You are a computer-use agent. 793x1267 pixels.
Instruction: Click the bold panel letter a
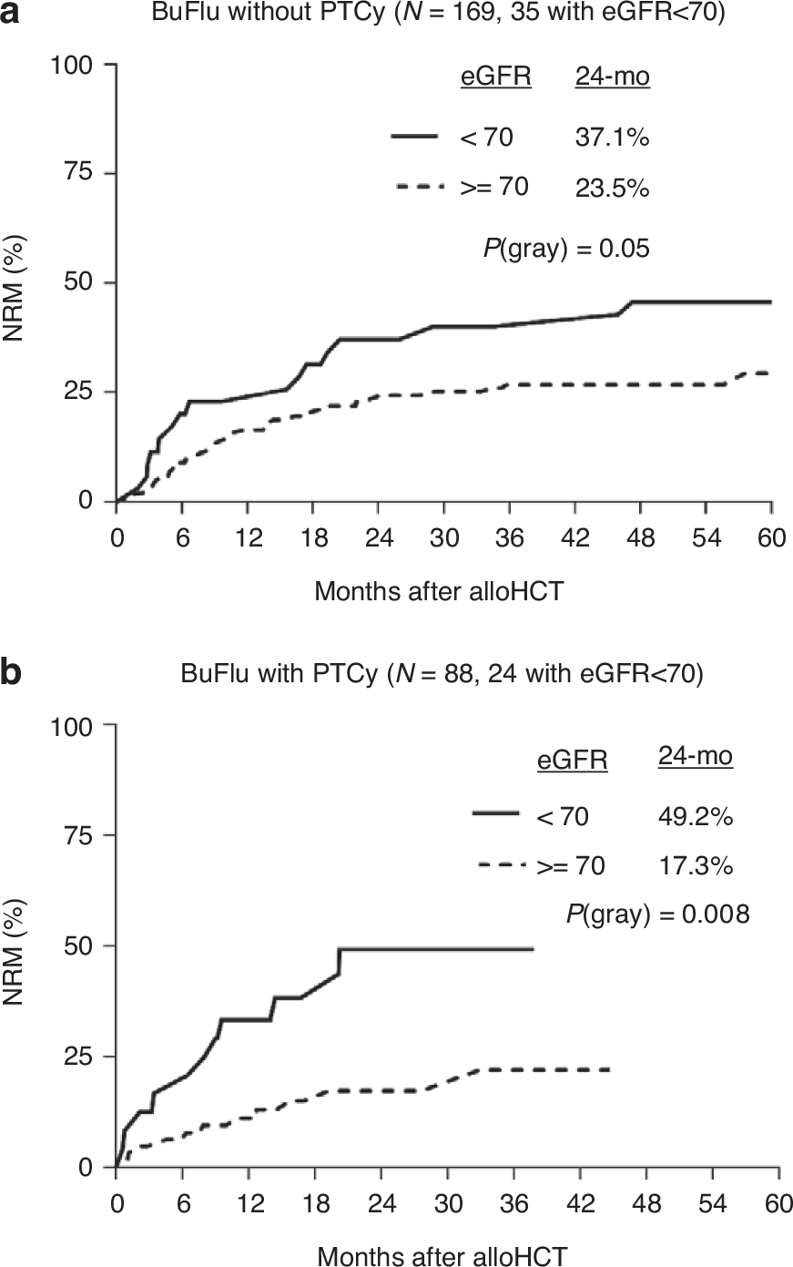[x=11, y=15]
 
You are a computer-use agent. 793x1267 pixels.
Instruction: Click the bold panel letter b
[x=12, y=674]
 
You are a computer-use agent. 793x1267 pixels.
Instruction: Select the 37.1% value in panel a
[x=612, y=138]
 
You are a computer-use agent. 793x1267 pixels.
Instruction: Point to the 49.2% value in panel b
[x=695, y=816]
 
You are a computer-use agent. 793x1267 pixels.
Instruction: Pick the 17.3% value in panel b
[x=695, y=866]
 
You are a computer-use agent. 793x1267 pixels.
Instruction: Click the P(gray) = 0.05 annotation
[x=566, y=247]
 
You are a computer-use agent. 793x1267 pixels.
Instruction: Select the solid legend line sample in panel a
[x=422, y=137]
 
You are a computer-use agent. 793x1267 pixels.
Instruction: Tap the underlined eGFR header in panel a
[x=495, y=77]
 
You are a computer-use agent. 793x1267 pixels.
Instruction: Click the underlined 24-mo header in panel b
[x=695, y=756]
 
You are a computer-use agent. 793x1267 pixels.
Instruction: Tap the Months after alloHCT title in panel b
[x=442, y=1255]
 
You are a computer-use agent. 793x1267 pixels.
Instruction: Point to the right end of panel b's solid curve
[x=533, y=949]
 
